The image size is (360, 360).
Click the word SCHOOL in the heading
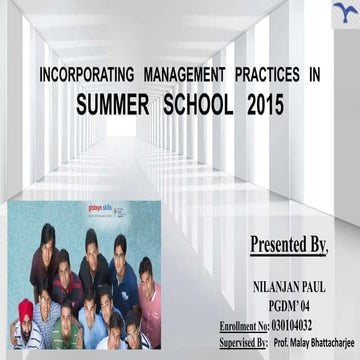pyautogui.click(x=198, y=103)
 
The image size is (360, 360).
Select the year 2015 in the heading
pyautogui.click(x=263, y=103)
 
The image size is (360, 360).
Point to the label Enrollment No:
pyautogui.click(x=243, y=325)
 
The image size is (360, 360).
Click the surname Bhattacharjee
pyautogui.click(x=327, y=342)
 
